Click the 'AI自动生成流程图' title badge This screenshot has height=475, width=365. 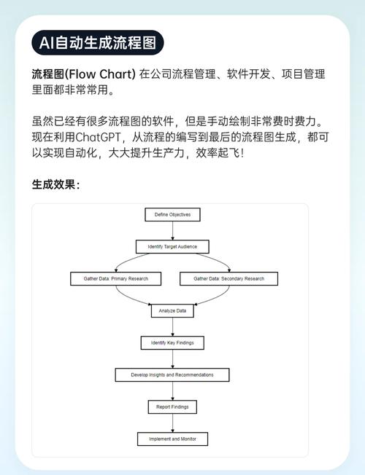(97, 42)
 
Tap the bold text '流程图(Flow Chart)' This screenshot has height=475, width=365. (83, 74)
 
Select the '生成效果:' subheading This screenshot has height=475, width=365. (56, 184)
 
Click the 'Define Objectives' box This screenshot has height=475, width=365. (172, 214)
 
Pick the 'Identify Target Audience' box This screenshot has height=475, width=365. (172, 246)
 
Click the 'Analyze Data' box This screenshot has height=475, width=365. (172, 310)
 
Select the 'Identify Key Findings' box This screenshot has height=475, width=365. (172, 342)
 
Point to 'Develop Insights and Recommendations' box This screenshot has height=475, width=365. (172, 374)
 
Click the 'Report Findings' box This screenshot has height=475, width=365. (172, 407)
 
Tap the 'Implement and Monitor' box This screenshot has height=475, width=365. (172, 439)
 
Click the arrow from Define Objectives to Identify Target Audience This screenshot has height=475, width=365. (172, 230)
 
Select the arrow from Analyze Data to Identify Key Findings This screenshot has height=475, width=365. (172, 326)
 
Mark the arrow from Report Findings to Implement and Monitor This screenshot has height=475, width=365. (172, 423)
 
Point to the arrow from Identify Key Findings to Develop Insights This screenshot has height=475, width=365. (172, 358)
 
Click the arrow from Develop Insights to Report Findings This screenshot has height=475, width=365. (172, 390)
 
